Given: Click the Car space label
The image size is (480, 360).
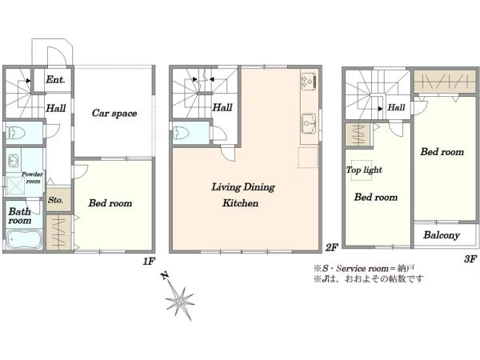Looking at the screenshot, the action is pyautogui.click(x=114, y=114).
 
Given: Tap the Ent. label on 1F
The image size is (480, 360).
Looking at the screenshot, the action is pyautogui.click(x=55, y=80).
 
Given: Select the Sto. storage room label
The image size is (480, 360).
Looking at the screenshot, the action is pyautogui.click(x=55, y=200).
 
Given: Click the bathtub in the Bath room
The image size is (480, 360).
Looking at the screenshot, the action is pyautogui.click(x=23, y=239).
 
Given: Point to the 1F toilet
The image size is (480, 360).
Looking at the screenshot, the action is pyautogui.click(x=16, y=134).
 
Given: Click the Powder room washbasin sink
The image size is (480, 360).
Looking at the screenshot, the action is pyautogui.click(x=13, y=161).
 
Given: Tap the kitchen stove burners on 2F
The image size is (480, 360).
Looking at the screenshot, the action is pyautogui.click(x=309, y=82).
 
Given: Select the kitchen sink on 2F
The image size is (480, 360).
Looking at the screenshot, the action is pyautogui.click(x=309, y=123).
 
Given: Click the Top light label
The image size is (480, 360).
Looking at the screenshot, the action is pyautogui.click(x=364, y=170).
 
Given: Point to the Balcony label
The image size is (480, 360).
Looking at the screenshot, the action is pyautogui.click(x=442, y=235).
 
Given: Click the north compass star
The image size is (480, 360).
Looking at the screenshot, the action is pyautogui.click(x=180, y=302).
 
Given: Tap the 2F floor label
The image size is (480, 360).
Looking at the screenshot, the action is pyautogui.click(x=331, y=247).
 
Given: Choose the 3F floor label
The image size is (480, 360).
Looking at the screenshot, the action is pyautogui.click(x=470, y=259).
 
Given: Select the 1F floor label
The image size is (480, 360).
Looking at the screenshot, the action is pyautogui.click(x=149, y=262).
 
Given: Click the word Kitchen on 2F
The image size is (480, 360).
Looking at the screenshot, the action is pyautogui.click(x=240, y=203).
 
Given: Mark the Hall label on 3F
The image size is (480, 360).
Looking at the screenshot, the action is pyautogui.click(x=396, y=107).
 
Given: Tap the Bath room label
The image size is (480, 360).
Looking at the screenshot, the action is pyautogui.click(x=20, y=216).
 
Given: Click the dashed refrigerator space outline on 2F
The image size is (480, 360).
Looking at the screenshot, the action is pyautogui.click(x=308, y=158).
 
